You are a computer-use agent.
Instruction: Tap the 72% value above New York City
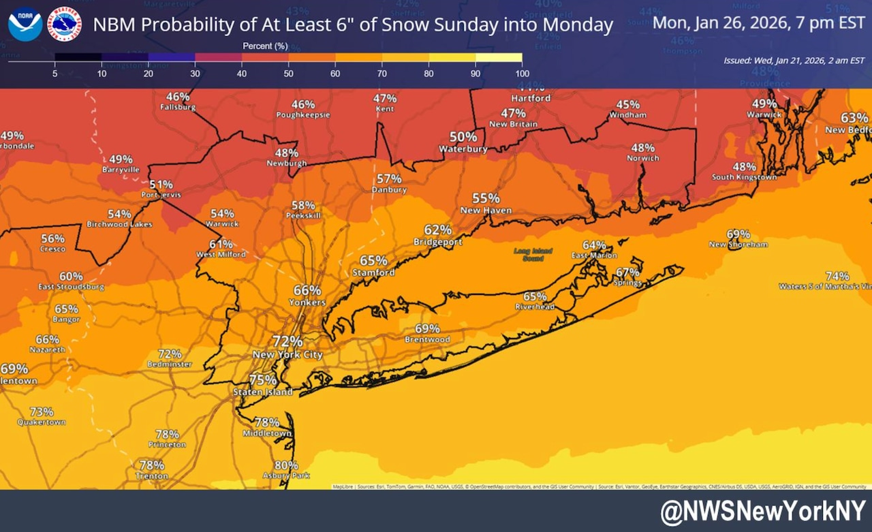(287, 341)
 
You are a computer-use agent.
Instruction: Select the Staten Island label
(263, 392)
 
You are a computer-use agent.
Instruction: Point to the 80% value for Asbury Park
(286, 465)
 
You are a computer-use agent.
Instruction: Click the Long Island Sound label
(533, 255)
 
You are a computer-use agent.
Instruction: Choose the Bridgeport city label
(437, 242)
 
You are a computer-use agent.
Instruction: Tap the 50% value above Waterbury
(463, 137)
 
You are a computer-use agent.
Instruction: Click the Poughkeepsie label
(303, 115)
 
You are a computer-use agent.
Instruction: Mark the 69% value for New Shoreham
(738, 234)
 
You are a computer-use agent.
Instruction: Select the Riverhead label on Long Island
(535, 307)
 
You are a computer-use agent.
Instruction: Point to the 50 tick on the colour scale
(289, 73)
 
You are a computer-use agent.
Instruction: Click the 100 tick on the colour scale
(522, 73)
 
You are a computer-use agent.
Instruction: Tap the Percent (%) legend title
(265, 46)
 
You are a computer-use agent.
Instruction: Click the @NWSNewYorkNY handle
(762, 511)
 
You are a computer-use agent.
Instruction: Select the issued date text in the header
(794, 61)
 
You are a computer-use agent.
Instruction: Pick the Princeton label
(167, 445)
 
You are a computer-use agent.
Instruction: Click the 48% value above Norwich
(642, 148)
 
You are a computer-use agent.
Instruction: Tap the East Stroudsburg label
(72, 287)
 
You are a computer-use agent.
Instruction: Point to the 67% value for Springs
(627, 272)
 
